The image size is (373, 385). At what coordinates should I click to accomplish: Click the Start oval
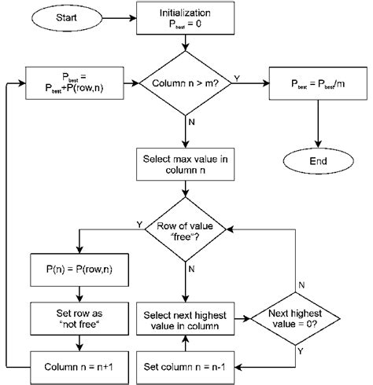[x=66, y=16]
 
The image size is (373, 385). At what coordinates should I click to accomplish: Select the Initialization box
[x=186, y=17]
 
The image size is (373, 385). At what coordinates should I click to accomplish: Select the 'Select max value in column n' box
[x=186, y=164]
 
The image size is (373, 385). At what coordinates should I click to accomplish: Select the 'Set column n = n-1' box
[x=186, y=365]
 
